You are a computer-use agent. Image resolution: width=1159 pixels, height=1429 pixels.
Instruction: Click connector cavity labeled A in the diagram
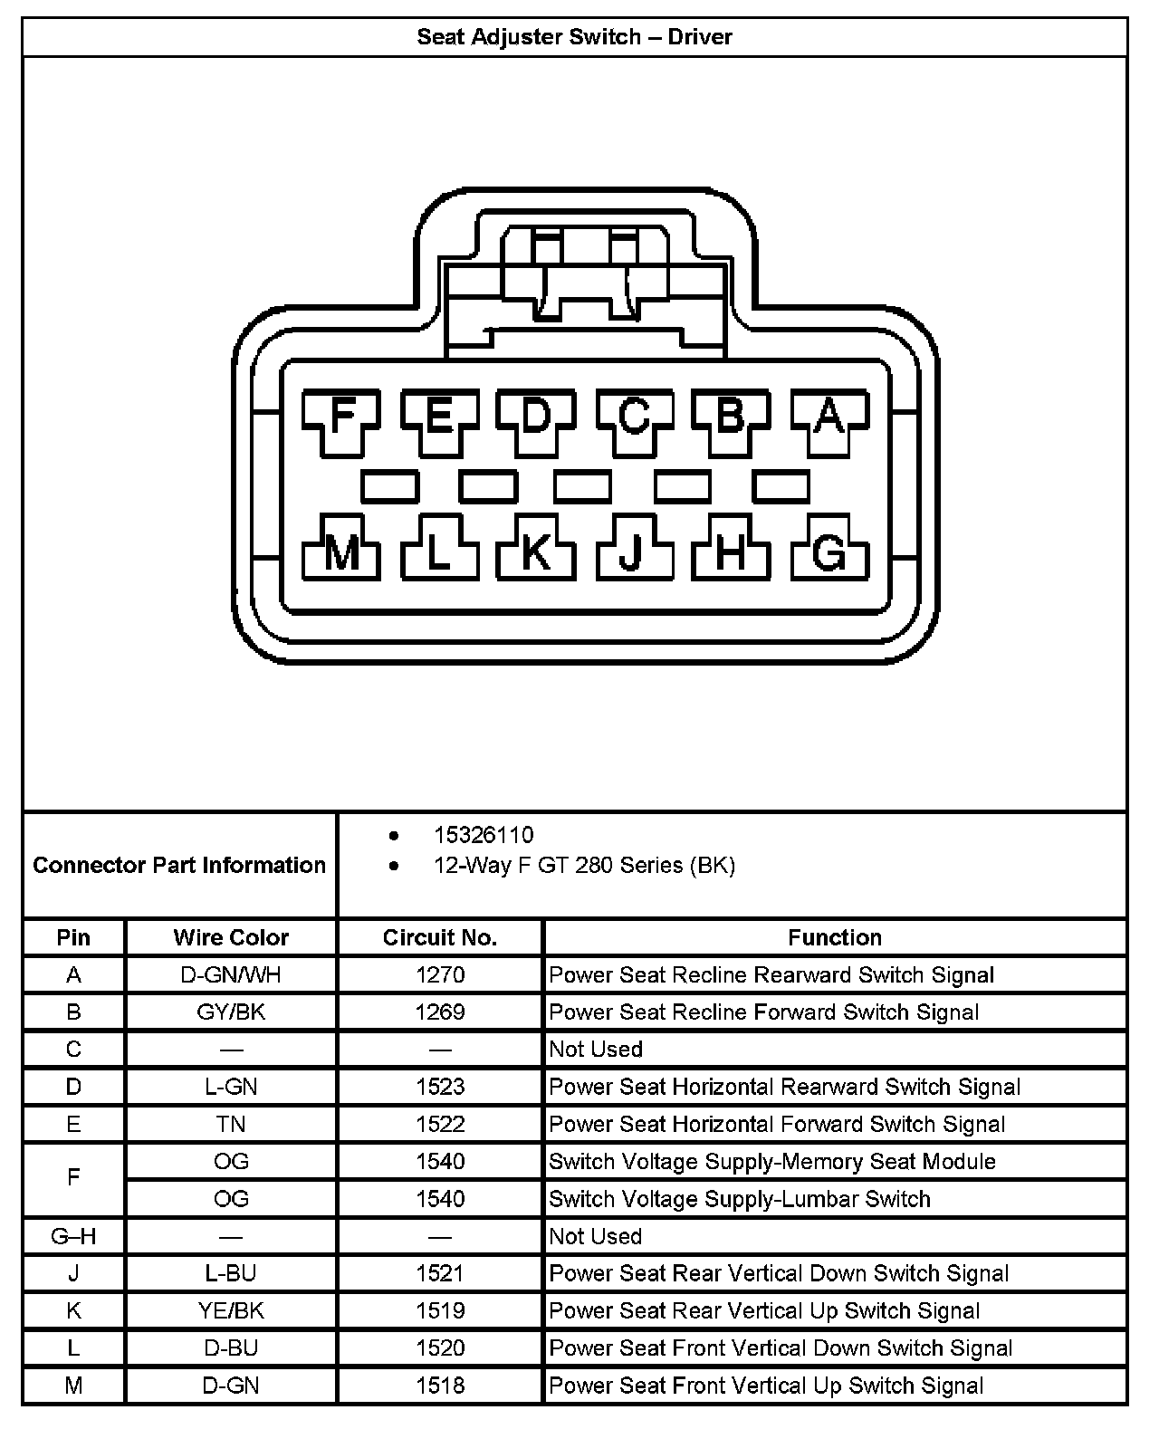pos(829,417)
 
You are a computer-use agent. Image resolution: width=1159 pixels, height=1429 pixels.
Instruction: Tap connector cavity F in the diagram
pos(341,417)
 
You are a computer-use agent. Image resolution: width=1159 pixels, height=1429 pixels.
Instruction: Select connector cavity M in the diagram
pos(341,550)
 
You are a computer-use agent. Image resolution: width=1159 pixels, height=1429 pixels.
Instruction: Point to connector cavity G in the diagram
pos(829,550)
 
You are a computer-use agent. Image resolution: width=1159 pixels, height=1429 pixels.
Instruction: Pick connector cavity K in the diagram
pos(536,550)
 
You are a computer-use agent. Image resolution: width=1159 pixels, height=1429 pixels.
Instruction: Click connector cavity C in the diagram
pos(634,417)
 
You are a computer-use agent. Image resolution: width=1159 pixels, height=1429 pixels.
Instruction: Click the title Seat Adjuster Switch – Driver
pos(574,37)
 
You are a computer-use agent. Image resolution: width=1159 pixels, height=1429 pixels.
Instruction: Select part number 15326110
pos(484,835)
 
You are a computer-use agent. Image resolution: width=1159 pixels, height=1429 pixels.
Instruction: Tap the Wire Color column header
pos(231,937)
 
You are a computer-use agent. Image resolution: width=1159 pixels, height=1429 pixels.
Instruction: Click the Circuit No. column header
pos(440,937)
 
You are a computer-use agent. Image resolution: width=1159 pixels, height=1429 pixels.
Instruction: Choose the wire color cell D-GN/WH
pos(231,975)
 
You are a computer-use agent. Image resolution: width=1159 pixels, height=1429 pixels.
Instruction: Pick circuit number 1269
pos(440,1012)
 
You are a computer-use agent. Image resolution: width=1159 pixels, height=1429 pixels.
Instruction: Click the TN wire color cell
pos(231,1125)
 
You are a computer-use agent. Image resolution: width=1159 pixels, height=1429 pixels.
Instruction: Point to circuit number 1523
pos(440,1087)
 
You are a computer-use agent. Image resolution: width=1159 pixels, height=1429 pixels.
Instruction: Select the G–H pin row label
pos(74,1236)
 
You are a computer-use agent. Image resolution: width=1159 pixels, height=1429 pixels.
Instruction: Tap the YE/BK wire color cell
pos(231,1310)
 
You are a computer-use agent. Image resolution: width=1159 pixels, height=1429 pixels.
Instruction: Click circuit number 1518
pos(440,1386)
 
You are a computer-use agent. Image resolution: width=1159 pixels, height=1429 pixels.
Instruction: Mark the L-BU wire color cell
pos(231,1273)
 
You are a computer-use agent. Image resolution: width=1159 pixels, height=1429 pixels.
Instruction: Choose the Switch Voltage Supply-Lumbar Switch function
pos(740,1199)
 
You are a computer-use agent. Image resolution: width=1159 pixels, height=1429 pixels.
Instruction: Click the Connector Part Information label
pos(179,865)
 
